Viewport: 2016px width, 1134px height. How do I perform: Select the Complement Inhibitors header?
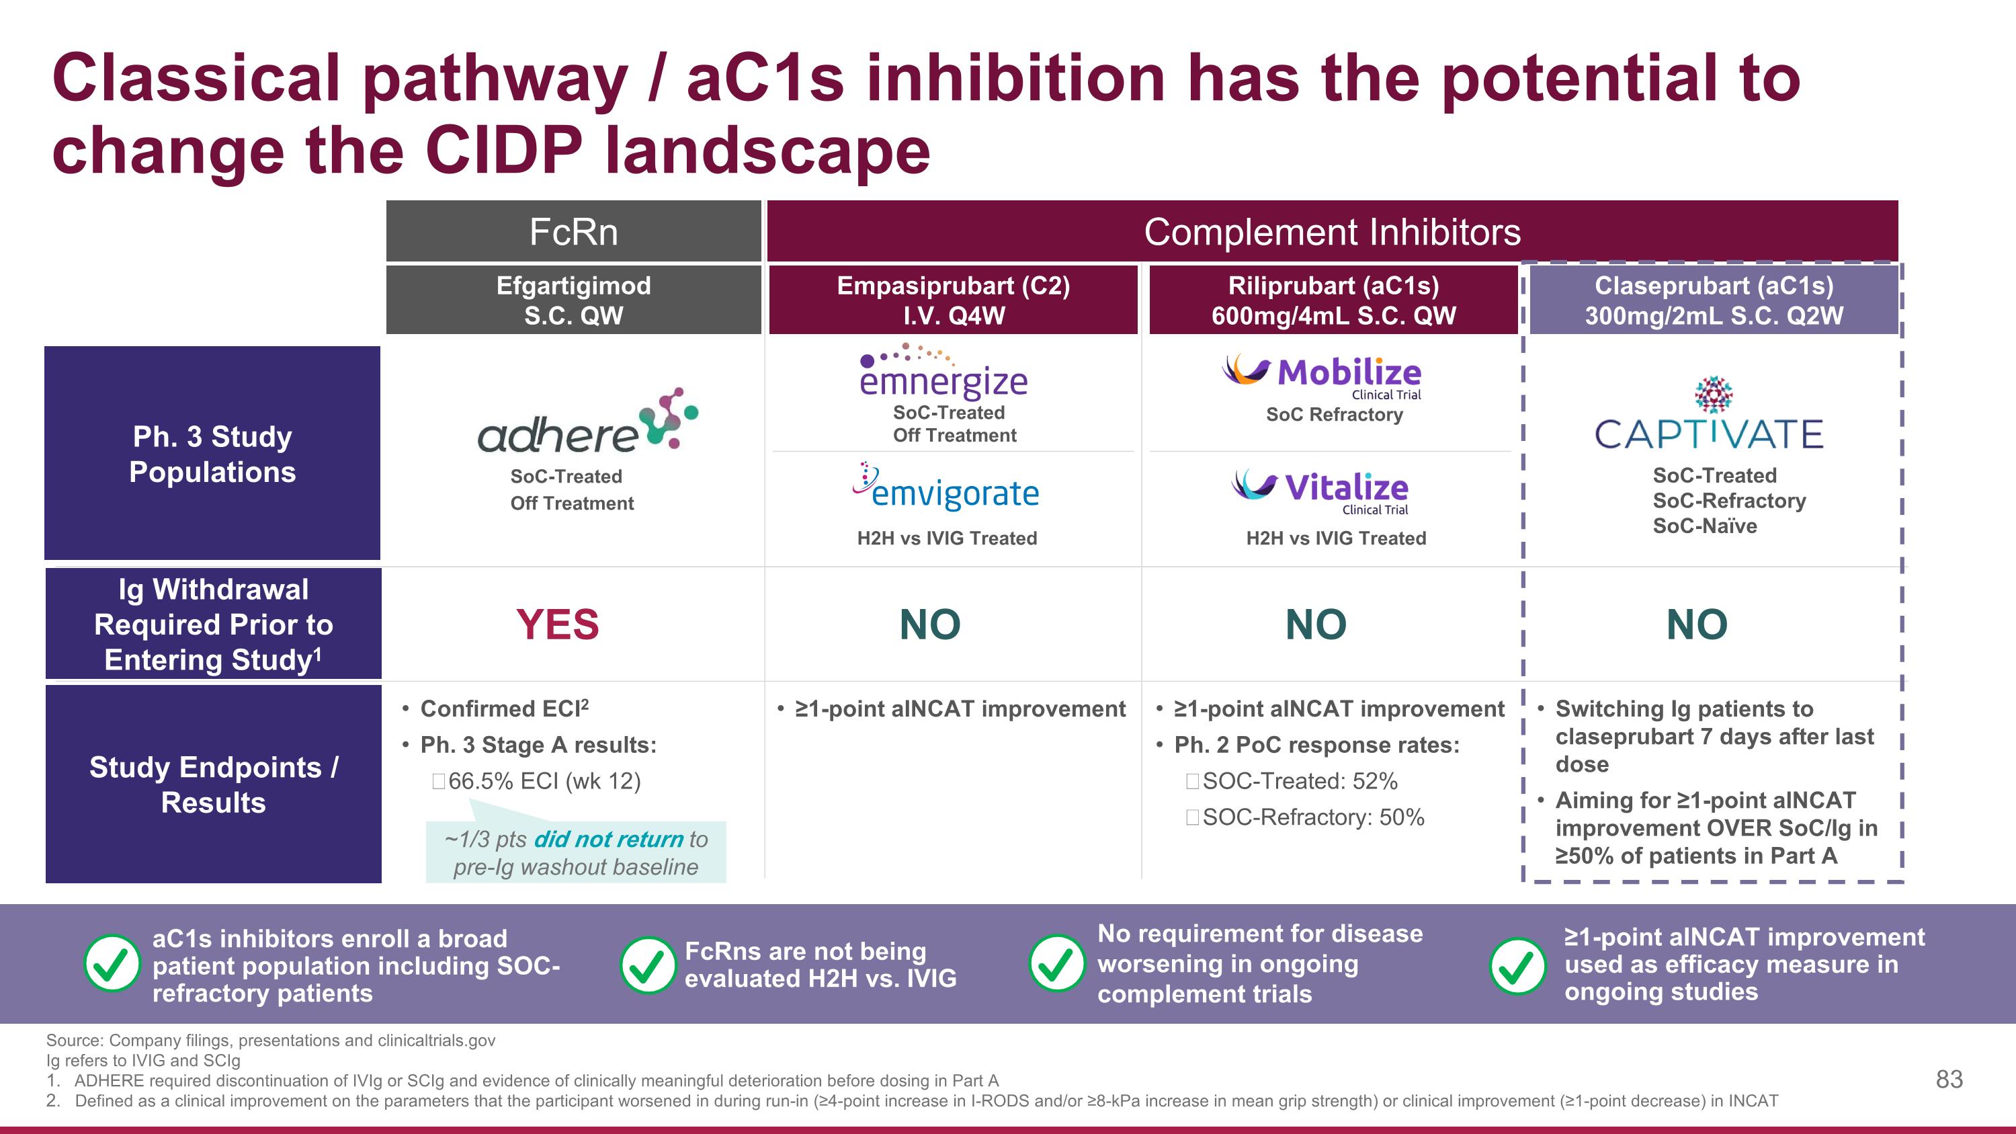(x=1332, y=232)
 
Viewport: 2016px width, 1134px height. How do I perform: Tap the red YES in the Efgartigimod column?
(x=557, y=624)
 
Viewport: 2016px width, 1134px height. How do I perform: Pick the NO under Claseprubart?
(x=1697, y=624)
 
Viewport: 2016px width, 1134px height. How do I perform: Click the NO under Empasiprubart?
(x=930, y=624)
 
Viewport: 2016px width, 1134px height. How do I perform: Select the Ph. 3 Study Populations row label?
(x=212, y=454)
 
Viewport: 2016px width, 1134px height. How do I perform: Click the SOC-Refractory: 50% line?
(x=1312, y=817)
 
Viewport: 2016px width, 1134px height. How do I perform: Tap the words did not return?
(x=608, y=839)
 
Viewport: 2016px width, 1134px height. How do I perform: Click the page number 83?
(x=1949, y=1080)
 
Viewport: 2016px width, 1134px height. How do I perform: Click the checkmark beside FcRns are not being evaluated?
(x=647, y=965)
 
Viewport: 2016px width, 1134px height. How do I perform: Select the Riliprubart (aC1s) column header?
(x=1333, y=300)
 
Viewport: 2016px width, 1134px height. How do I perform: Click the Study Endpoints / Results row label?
(x=213, y=784)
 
